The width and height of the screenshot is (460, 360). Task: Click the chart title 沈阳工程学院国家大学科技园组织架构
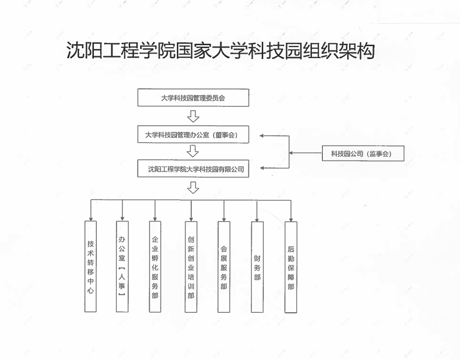[221, 51]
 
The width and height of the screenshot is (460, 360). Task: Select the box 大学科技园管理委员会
[193, 98]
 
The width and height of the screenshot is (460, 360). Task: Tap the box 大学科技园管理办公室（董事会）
[193, 135]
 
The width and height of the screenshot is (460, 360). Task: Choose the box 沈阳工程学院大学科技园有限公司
[193, 168]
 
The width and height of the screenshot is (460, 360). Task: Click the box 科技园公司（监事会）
[363, 153]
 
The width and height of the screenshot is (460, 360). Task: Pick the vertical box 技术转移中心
[90, 267]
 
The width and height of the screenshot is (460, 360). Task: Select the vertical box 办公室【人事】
[122, 267]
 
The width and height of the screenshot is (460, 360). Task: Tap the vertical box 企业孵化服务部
[155, 267]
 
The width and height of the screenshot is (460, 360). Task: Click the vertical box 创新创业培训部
[191, 267]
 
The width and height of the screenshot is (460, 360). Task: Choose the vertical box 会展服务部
[224, 267]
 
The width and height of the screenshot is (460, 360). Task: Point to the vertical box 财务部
[257, 267]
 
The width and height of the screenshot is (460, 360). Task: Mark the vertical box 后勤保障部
[291, 267]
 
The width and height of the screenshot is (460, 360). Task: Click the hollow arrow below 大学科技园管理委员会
[193, 116]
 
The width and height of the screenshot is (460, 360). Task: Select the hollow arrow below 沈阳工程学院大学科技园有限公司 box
[193, 188]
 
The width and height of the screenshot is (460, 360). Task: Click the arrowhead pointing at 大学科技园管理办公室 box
[261, 136]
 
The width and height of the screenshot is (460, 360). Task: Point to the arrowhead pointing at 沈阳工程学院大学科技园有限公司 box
[262, 168]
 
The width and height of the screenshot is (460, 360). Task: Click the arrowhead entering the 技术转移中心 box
[91, 219]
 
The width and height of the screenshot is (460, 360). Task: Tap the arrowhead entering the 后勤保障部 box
[291, 219]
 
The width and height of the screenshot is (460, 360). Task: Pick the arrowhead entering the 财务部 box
[257, 220]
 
